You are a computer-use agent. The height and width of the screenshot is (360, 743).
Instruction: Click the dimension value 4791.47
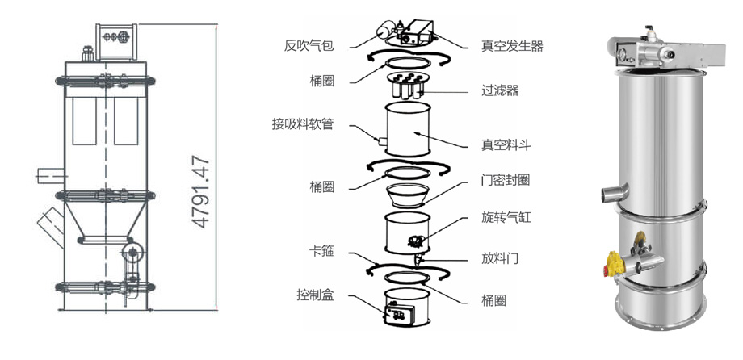click(202, 192)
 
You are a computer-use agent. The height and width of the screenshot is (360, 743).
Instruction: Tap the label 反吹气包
click(309, 46)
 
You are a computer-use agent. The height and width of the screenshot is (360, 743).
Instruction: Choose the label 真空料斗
click(506, 145)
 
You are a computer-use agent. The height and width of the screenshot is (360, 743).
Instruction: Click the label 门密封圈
click(506, 180)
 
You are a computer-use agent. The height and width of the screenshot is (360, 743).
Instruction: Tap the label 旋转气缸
click(506, 217)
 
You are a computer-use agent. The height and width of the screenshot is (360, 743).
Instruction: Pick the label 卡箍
click(321, 251)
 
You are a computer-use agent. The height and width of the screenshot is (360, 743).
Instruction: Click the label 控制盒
click(316, 295)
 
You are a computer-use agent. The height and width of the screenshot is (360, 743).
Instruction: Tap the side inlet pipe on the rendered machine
click(615, 191)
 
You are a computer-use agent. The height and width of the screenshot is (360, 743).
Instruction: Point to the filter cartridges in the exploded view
click(407, 86)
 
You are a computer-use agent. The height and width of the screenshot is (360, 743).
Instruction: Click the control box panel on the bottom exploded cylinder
click(399, 314)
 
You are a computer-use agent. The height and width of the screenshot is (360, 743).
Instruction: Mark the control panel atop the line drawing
click(116, 41)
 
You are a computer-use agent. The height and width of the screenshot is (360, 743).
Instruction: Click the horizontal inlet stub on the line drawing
click(51, 175)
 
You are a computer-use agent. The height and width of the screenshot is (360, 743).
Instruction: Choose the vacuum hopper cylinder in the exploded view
click(408, 129)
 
